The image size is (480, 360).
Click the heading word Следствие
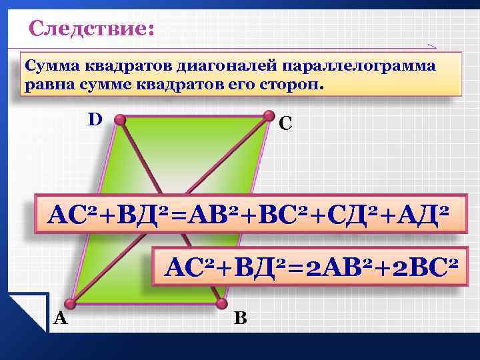point(91,30)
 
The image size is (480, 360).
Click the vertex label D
point(95,119)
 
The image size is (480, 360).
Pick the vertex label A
point(60,319)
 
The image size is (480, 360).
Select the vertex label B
point(240,319)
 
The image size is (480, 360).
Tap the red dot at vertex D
point(120,120)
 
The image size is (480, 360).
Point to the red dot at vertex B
point(219,304)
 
